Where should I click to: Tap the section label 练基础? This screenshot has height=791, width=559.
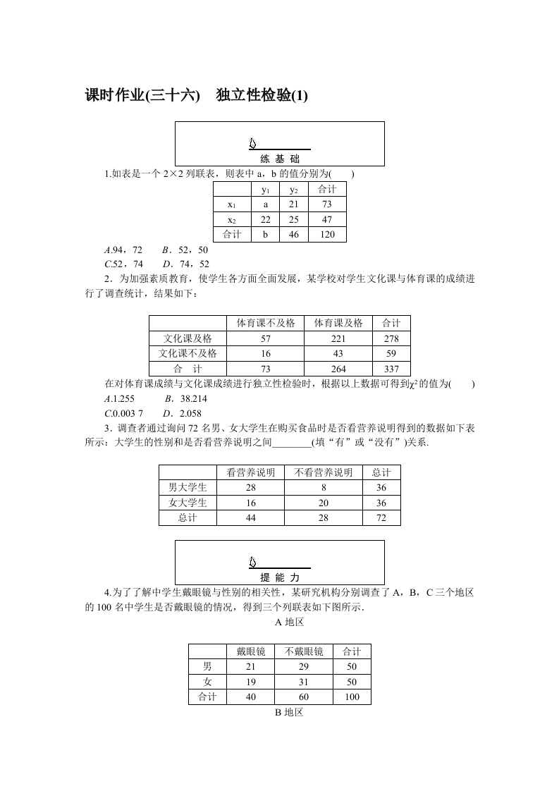click(x=279, y=159)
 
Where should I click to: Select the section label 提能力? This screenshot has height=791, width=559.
click(x=279, y=577)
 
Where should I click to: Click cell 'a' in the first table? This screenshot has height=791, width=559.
click(x=266, y=204)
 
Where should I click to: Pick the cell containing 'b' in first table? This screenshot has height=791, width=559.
click(x=266, y=235)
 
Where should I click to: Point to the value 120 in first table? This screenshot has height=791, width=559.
click(x=327, y=235)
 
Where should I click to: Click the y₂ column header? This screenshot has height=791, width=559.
click(x=294, y=190)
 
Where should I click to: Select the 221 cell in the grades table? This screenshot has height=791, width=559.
click(x=338, y=338)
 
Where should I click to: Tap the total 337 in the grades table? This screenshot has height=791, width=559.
click(x=391, y=369)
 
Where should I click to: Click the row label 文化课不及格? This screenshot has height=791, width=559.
click(x=187, y=353)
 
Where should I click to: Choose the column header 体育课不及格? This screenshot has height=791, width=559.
click(x=265, y=323)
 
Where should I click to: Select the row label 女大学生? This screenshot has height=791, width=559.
click(x=188, y=503)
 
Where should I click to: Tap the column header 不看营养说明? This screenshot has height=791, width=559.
click(x=323, y=472)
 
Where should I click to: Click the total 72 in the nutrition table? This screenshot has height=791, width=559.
click(x=381, y=518)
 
